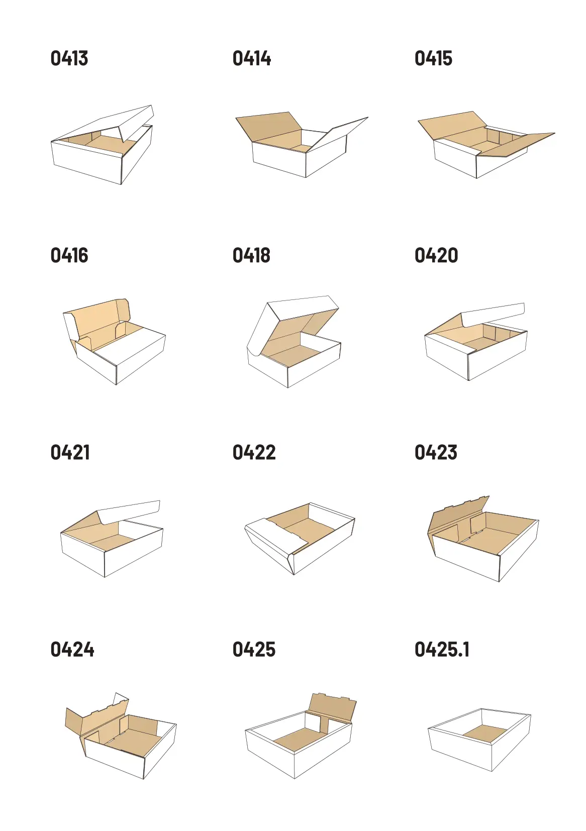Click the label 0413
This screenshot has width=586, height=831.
(69, 59)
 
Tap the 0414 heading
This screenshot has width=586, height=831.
(252, 59)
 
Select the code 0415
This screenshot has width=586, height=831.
(434, 59)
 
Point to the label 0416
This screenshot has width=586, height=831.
(69, 255)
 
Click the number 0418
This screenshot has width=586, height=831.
(252, 255)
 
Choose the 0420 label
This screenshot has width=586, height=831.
(436, 255)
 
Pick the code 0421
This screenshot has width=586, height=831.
(70, 452)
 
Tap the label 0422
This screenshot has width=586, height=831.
(254, 452)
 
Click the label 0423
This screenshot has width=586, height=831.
(436, 452)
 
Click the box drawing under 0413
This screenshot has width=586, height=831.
(102, 145)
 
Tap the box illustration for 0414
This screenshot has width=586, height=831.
(302, 145)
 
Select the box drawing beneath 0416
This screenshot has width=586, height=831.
(114, 342)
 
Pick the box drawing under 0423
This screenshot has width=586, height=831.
(483, 539)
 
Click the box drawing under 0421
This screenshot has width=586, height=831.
(112, 539)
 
